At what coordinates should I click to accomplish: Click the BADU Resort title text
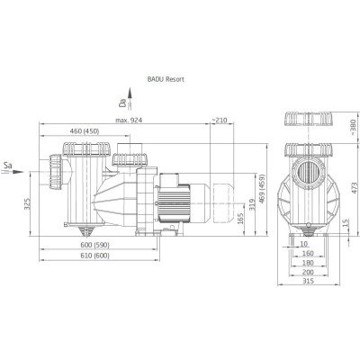coord(166,79)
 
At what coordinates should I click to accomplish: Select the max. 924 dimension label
coord(129,121)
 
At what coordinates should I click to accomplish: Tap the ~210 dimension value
coord(220,121)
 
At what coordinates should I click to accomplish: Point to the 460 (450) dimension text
coord(85,131)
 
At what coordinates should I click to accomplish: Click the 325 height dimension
coord(27,204)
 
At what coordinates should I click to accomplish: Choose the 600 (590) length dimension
coord(94,245)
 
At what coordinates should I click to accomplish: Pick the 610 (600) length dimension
coord(94,256)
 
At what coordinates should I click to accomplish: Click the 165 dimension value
coord(240,219)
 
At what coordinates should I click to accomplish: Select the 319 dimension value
coord(253,205)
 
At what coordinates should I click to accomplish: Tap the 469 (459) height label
coord(262,189)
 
